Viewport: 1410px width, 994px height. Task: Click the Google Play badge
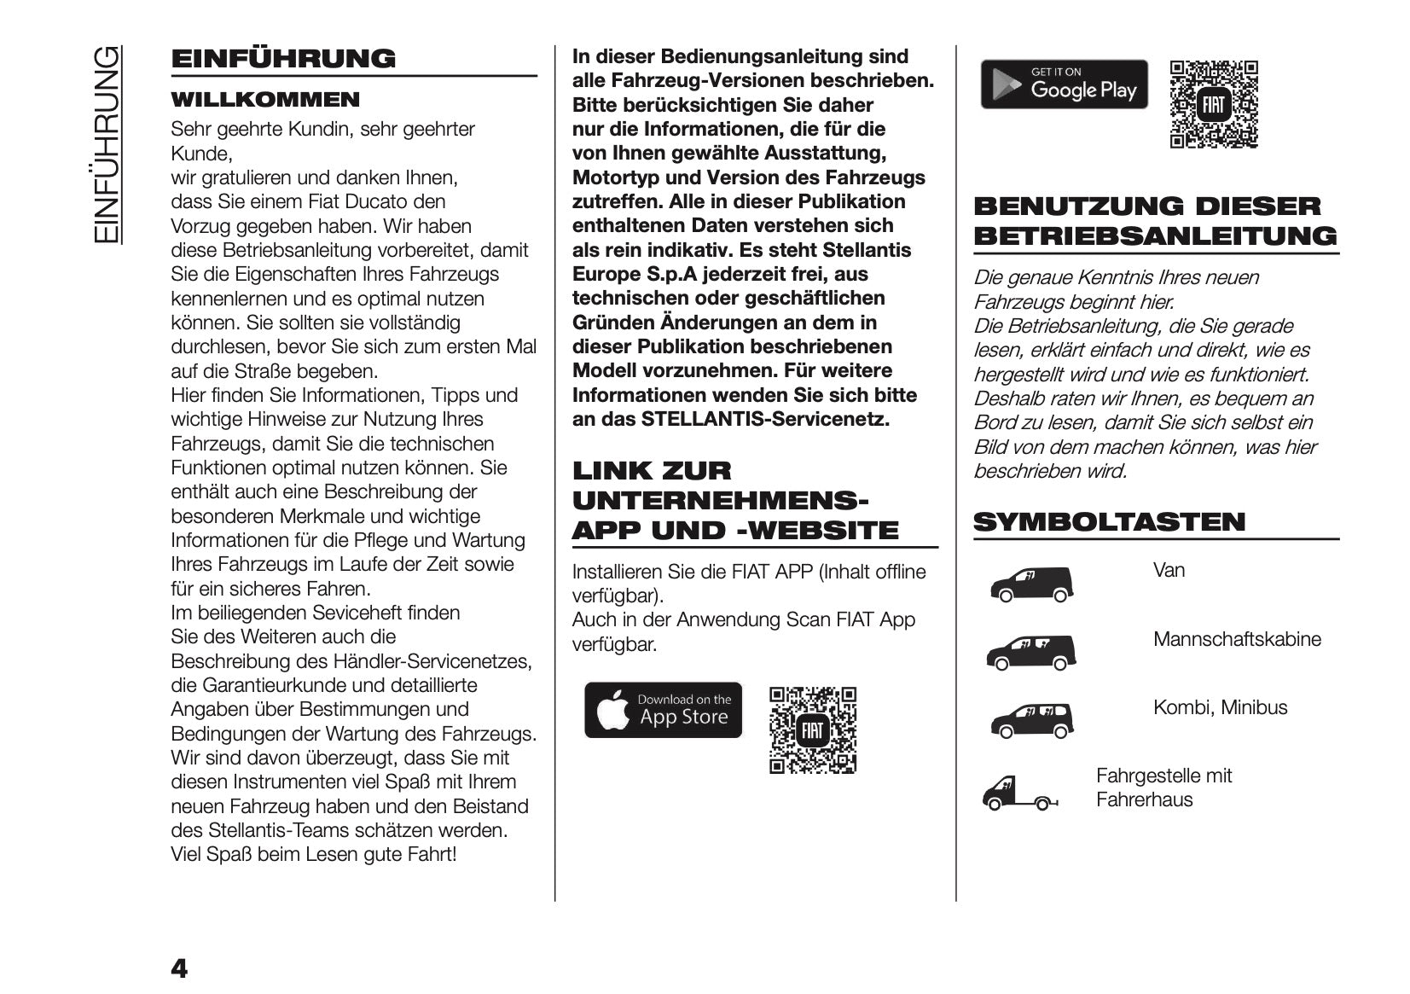[1064, 84]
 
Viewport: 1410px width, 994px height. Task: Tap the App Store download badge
[663, 710]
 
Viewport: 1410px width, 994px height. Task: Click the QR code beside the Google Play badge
[1213, 105]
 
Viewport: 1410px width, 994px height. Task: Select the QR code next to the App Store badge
[812, 730]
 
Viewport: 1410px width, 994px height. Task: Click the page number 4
[179, 969]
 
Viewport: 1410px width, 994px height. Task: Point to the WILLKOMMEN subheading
[265, 100]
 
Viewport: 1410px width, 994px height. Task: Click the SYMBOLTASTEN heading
[1109, 522]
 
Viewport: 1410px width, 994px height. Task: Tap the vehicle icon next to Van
[1031, 584]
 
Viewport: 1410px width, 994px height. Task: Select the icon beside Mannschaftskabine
[1030, 653]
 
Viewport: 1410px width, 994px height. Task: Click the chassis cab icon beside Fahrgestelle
[1019, 793]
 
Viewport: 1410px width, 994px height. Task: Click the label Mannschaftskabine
[1236, 639]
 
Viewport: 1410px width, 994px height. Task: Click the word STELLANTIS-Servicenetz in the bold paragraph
[765, 420]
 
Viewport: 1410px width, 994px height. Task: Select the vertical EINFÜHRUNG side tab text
[106, 144]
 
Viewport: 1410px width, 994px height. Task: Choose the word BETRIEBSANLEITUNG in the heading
[1155, 236]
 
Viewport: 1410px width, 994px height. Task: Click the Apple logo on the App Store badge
[612, 712]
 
